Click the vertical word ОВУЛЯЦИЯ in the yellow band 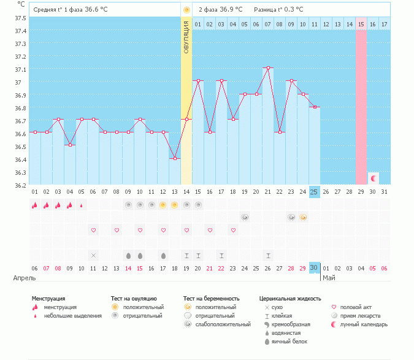tap(186, 37)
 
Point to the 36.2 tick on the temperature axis tap(20, 185)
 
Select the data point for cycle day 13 tap(175, 158)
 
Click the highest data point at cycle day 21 tap(268, 68)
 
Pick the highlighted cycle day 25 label tap(314, 192)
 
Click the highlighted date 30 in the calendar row tap(314, 267)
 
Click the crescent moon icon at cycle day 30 tap(373, 178)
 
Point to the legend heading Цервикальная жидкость tap(290, 299)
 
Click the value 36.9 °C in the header tap(231, 10)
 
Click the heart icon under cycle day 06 tap(93, 230)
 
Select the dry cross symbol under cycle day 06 tap(93, 255)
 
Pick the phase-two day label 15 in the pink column tap(361, 24)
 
